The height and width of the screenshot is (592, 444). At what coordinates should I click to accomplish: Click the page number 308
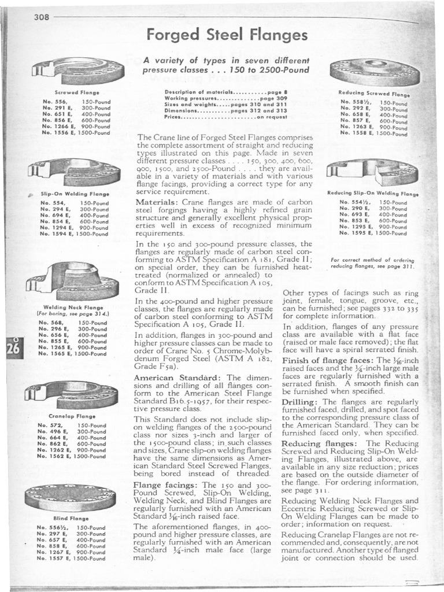point(41,17)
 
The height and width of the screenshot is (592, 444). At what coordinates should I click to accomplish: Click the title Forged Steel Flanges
point(227,35)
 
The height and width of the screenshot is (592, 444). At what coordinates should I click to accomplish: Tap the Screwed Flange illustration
point(77,71)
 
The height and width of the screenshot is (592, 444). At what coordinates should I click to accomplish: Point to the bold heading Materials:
point(157,202)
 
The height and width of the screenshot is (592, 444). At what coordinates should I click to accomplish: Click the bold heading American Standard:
point(169,378)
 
